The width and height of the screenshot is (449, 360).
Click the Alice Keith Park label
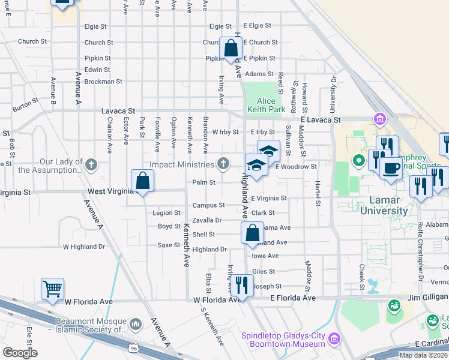coord(271,106)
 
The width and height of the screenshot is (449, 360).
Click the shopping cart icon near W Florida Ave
coord(52,289)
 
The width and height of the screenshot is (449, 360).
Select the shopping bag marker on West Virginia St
coord(142,181)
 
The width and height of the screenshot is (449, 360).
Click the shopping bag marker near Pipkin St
coord(231,49)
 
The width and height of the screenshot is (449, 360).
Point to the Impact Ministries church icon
coord(223,163)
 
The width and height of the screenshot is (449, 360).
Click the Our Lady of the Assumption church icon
coord(91,163)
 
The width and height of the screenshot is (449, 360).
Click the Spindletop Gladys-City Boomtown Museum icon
coord(334,340)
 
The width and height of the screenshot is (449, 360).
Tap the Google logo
coord(20,352)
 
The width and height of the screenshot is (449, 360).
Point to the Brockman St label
coord(103,81)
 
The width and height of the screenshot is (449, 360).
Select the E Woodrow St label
coord(296,166)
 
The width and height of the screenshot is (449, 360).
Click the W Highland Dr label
coord(84,246)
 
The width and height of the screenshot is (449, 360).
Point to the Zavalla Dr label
coord(207,220)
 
